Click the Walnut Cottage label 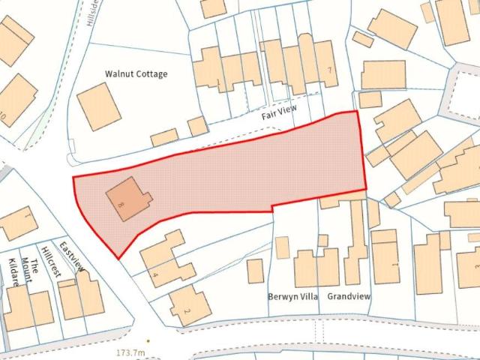(x=136, y=74)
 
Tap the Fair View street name (x=279, y=113)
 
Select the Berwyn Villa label (x=293, y=296)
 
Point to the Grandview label (x=349, y=296)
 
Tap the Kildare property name (x=13, y=272)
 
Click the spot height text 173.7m (x=130, y=352)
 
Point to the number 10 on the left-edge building (x=4, y=115)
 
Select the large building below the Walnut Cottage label (x=100, y=106)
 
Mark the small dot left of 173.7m (x=148, y=340)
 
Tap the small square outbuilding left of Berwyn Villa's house (x=255, y=271)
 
